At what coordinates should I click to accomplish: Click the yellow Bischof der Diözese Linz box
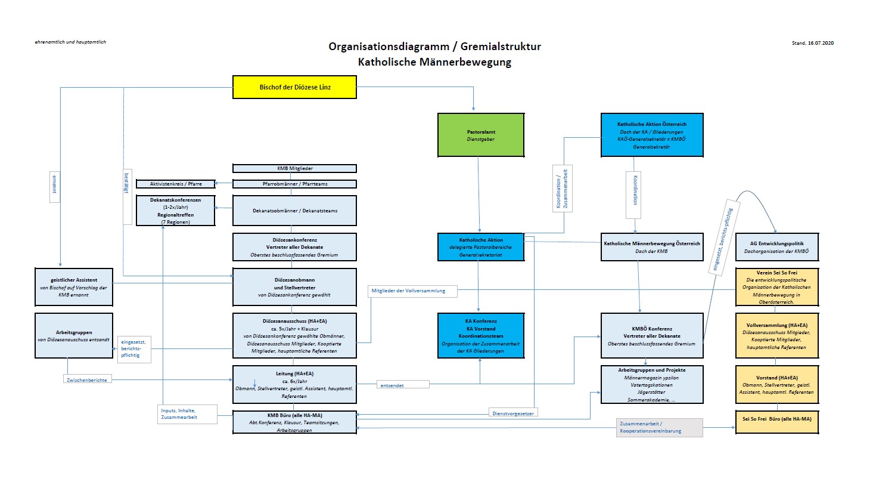tap(294, 87)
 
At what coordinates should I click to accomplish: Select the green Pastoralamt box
tap(481, 135)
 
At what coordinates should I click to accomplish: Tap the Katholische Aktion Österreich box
tap(651, 135)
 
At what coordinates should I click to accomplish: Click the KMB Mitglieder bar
tap(294, 169)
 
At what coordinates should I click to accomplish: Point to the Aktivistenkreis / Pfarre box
tap(175, 184)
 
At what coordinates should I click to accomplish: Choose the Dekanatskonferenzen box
tap(175, 211)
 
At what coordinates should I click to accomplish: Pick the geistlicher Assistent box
tap(74, 287)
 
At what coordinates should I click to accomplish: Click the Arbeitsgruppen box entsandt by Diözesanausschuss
tap(74, 336)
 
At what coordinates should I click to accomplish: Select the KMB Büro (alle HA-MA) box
tap(294, 422)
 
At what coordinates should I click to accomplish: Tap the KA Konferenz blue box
tap(481, 336)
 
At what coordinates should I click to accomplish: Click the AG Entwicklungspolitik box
tap(776, 247)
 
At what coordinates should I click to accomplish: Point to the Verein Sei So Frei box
tap(776, 287)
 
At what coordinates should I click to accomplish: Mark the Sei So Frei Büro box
tap(776, 419)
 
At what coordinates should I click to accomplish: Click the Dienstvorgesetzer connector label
tap(513, 413)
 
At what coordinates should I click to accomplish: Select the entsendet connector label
tap(403, 385)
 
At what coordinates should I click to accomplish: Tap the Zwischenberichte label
tap(87, 380)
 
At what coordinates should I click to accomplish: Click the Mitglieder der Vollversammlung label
tap(412, 291)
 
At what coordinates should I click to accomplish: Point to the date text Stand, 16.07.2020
tap(812, 43)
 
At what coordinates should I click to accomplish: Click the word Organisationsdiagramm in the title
tap(389, 47)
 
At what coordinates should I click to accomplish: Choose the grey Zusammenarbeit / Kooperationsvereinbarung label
tap(660, 427)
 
